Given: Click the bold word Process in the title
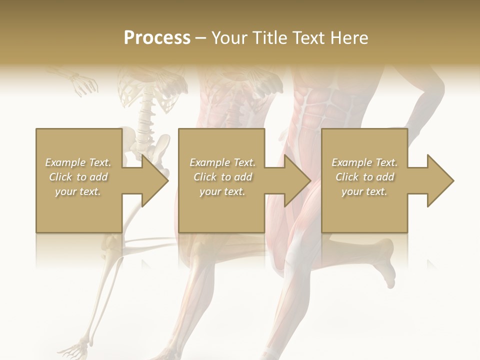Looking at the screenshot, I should tap(157, 37).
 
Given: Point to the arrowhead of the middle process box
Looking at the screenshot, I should tap(297, 180).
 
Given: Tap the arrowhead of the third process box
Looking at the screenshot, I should tap(440, 180).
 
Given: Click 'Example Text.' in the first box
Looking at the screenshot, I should tap(78, 162).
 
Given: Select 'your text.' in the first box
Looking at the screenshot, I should tap(78, 191).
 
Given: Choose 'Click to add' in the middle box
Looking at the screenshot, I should tap(222, 177).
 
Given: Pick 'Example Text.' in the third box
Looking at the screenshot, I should tap(364, 162).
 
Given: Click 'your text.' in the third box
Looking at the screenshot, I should tap(364, 191).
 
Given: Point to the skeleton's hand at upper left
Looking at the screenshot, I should tap(82, 84).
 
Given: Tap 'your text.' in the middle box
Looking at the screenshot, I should tap(222, 191).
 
